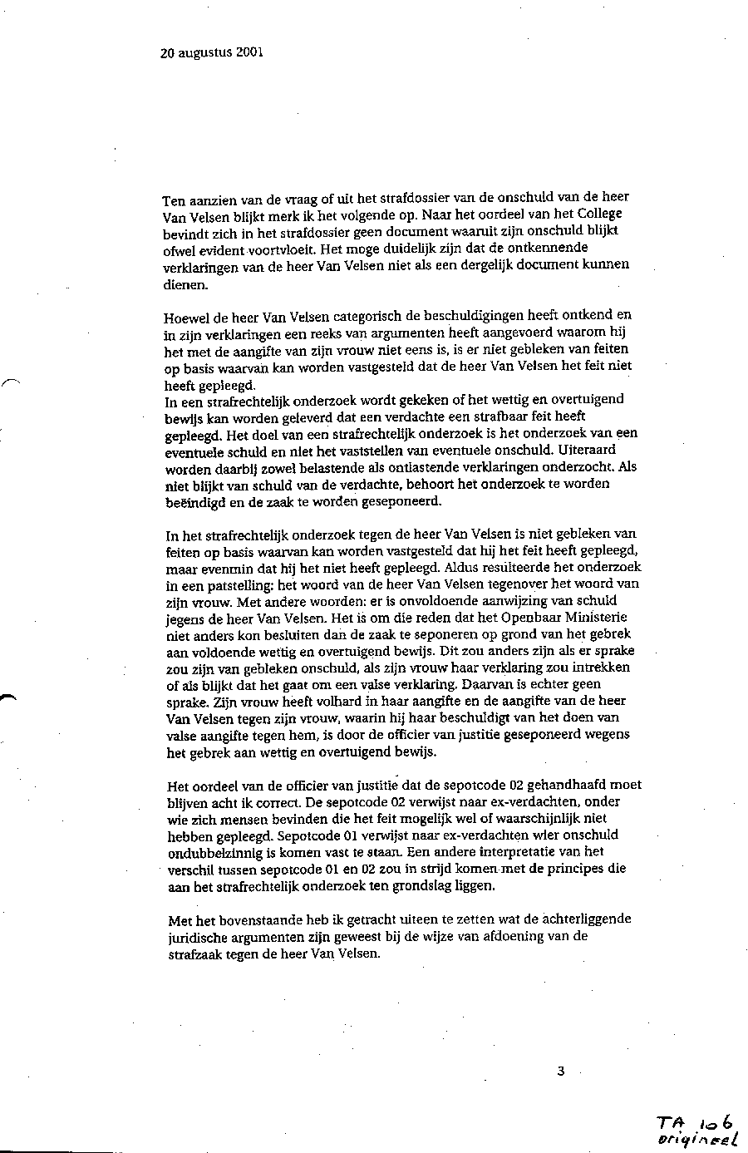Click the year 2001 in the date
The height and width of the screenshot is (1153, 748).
coord(249,52)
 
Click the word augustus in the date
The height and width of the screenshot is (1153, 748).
coord(204,52)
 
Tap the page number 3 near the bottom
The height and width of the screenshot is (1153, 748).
coord(561,1071)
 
